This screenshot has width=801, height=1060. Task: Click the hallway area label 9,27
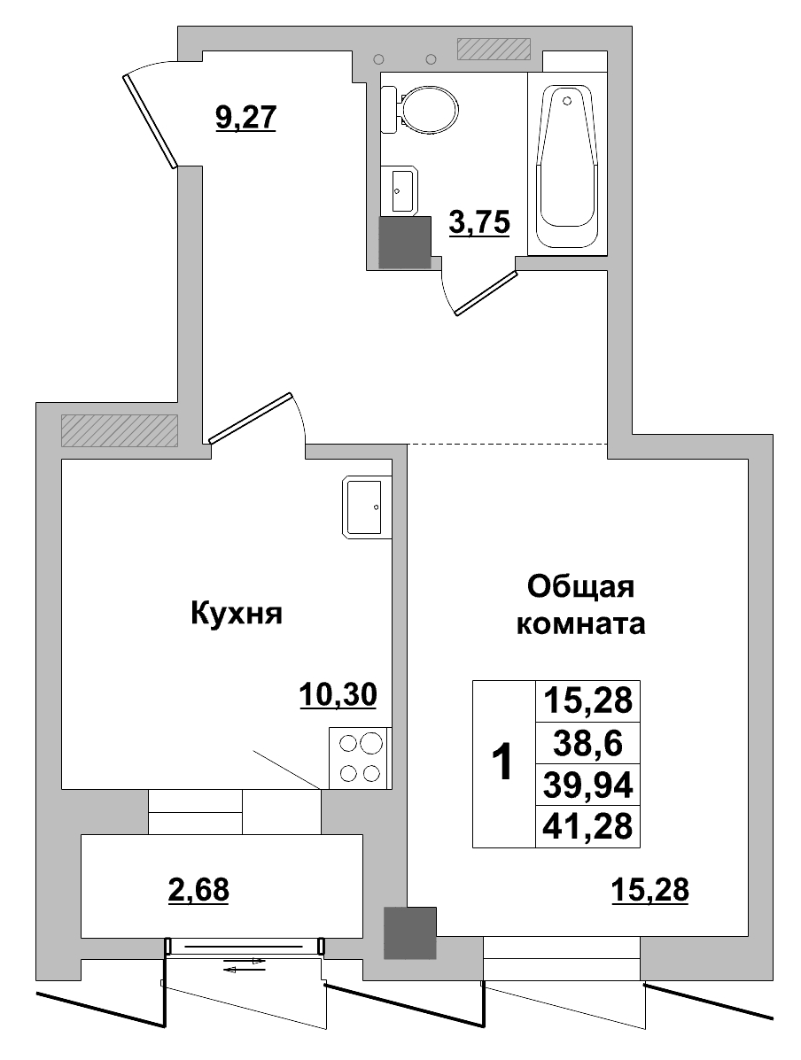pos(246,117)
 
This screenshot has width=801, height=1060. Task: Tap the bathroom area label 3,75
pos(479,223)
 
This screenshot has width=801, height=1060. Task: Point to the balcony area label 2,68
pos(198,888)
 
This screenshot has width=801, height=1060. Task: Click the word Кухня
pos(236,613)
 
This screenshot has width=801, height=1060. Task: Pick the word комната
pos(580,624)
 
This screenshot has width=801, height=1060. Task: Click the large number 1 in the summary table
pos(502,762)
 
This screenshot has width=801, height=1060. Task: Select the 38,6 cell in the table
pos(587,742)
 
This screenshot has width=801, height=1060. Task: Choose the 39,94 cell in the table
pos(587,785)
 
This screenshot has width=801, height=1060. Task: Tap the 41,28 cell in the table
pos(587,826)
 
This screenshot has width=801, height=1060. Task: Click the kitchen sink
pos(366,507)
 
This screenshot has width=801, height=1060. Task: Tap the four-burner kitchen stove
pos(360,757)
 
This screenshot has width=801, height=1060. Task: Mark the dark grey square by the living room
pos(410,933)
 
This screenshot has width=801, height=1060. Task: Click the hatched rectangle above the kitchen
pos(119,430)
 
